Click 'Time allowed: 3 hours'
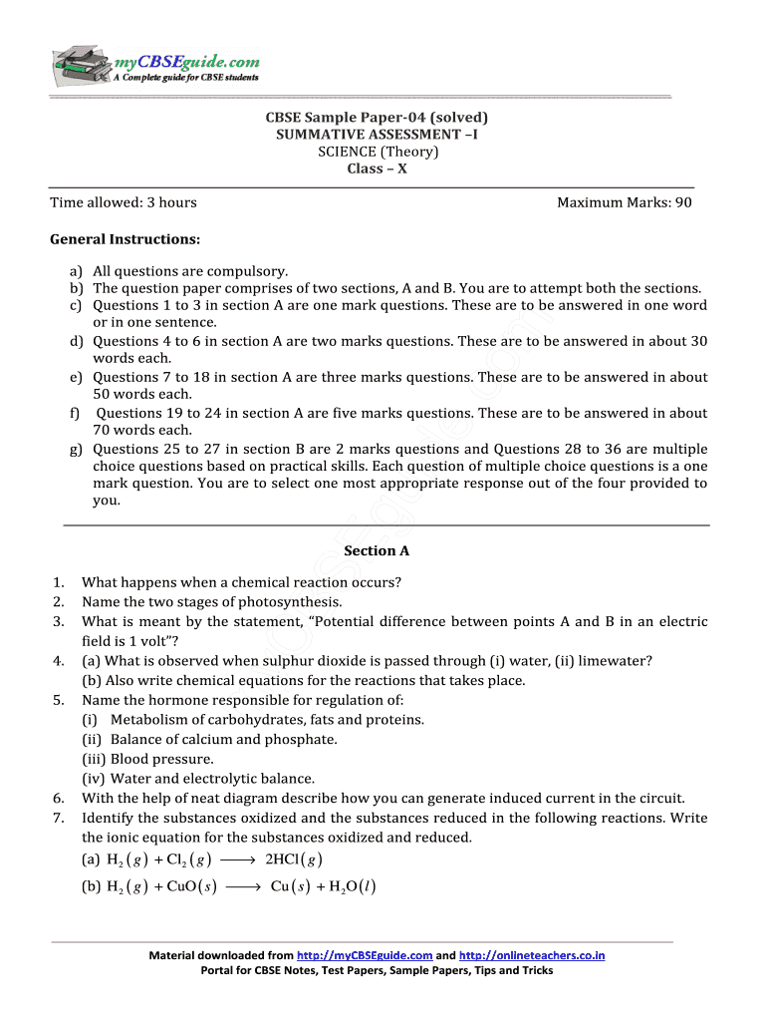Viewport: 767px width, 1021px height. tap(124, 202)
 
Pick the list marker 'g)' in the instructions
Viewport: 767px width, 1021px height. tap(76, 448)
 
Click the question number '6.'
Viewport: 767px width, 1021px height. tap(59, 798)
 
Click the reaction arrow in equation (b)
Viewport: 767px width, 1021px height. tap(243, 886)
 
